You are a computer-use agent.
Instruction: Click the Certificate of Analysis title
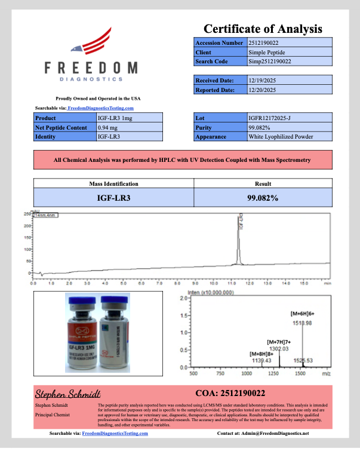point(263,29)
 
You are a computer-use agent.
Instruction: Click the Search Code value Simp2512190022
point(270,62)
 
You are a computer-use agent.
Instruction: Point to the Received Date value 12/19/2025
point(263,80)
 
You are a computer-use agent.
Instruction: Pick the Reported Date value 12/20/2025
point(263,90)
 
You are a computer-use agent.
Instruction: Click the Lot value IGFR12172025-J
point(270,118)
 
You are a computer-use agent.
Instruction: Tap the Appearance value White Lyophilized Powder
point(280,137)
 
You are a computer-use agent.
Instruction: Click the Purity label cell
point(220,127)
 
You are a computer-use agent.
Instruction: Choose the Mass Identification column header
point(113,184)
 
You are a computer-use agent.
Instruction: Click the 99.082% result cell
point(262,197)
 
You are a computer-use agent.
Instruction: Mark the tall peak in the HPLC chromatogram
point(239,239)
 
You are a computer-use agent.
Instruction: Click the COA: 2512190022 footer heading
point(230,393)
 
